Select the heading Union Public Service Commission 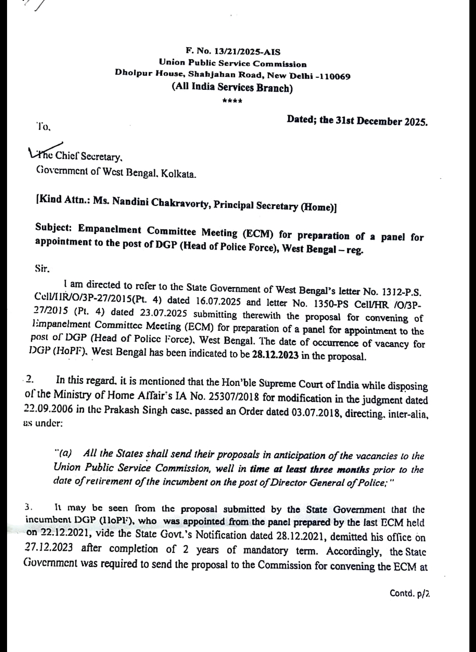233,64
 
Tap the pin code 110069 333,76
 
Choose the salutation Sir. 42,268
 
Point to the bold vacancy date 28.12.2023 275,355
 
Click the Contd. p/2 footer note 409,593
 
